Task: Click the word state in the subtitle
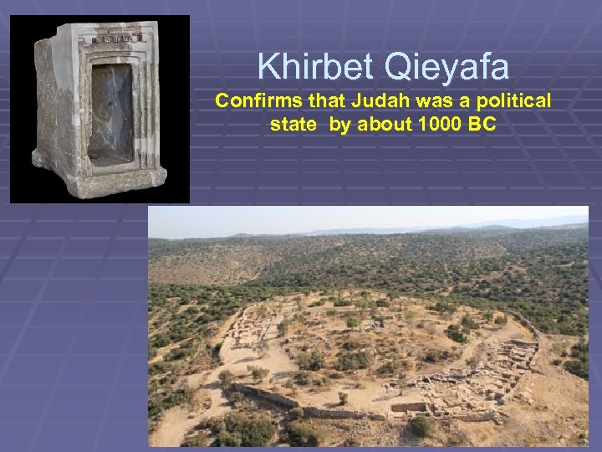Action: [291, 126]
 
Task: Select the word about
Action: [376, 126]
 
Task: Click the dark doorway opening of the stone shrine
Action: [111, 109]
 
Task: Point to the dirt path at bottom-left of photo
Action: [180, 419]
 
